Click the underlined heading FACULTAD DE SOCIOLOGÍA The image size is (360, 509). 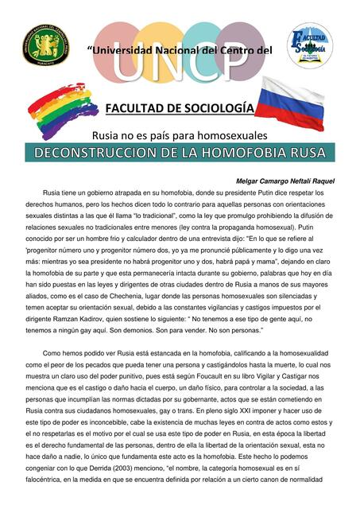180,108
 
